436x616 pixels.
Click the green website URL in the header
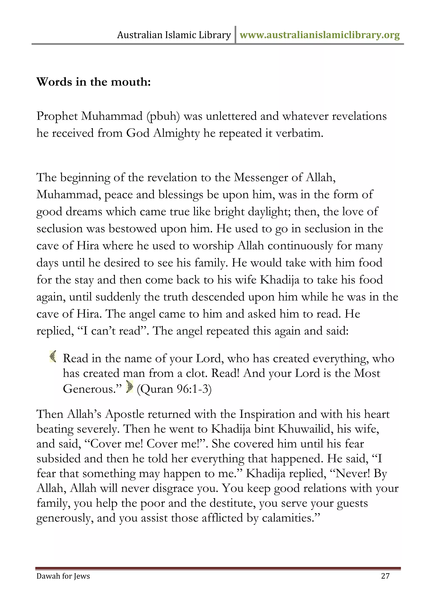tap(320, 35)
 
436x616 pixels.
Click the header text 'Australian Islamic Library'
tap(174, 35)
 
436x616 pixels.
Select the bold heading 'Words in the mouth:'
tap(93, 82)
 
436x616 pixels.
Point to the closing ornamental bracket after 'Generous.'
tap(129, 387)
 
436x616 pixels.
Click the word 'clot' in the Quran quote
tap(196, 374)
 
